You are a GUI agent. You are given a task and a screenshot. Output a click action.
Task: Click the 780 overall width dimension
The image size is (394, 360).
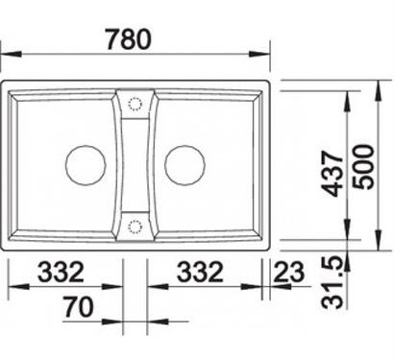pyautogui.click(x=128, y=39)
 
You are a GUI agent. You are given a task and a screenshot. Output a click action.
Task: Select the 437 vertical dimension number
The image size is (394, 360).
pyautogui.click(x=332, y=174)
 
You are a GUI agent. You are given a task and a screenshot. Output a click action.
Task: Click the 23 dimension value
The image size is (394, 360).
pyautogui.click(x=288, y=272)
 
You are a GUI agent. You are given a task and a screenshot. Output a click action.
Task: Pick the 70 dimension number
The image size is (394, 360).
pyautogui.click(x=78, y=307)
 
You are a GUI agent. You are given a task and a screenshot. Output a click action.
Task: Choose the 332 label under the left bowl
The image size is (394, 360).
pyautogui.click(x=61, y=272)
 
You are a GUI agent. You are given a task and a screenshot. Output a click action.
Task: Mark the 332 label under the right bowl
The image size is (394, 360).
pyautogui.click(x=200, y=272)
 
